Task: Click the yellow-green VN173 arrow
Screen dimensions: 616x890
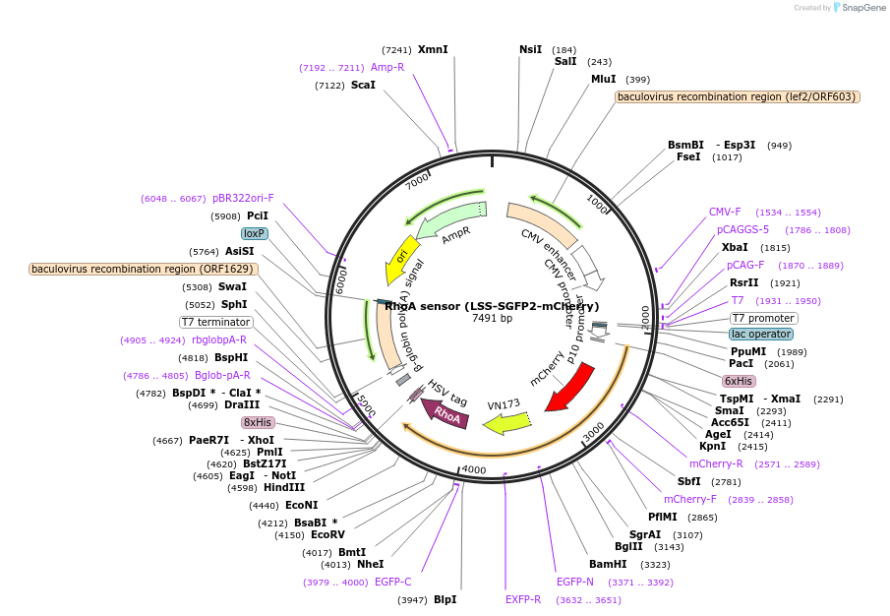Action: (503, 422)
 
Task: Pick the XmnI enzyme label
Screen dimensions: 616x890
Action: (433, 49)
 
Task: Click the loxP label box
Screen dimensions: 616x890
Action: (255, 233)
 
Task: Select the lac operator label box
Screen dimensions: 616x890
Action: (760, 335)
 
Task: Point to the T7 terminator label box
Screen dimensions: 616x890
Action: (216, 322)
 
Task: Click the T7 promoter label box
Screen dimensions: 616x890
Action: (763, 318)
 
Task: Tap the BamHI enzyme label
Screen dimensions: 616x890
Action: (608, 565)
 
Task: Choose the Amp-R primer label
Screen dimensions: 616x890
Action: (387, 67)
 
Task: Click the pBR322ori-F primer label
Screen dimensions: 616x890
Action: (243, 198)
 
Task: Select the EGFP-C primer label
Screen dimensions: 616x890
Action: (392, 582)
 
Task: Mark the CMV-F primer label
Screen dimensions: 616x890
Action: (725, 212)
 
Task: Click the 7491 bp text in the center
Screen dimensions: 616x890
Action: (492, 319)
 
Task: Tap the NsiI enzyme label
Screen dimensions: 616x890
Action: (530, 49)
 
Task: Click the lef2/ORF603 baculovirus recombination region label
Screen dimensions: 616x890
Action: (738, 96)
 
